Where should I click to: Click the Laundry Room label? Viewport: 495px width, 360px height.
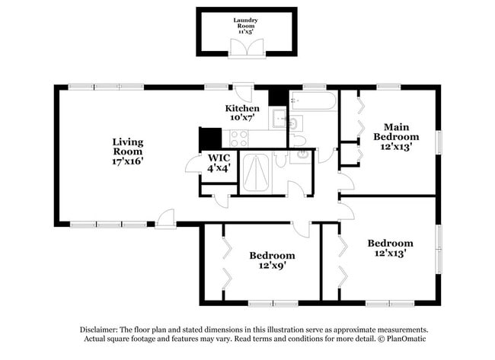point(245,25)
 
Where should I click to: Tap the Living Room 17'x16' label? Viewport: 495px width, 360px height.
point(128,151)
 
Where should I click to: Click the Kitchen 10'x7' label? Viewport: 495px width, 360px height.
point(242,113)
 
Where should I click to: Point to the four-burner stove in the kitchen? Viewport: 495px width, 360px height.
point(239,139)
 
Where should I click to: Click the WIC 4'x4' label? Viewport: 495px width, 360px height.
point(217,163)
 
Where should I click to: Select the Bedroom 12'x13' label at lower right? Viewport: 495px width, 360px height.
point(390,248)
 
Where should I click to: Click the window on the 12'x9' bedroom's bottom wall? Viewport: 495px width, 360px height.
point(261,302)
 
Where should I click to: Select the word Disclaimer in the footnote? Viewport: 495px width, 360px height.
point(102,330)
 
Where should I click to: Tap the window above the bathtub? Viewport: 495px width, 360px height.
point(314,88)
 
